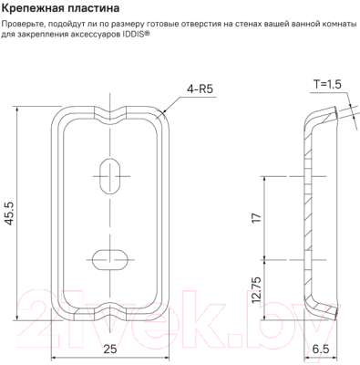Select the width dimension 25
click(111, 349)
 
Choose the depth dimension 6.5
click(322, 349)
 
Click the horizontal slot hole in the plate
click(112, 254)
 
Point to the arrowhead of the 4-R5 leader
click(165, 113)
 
